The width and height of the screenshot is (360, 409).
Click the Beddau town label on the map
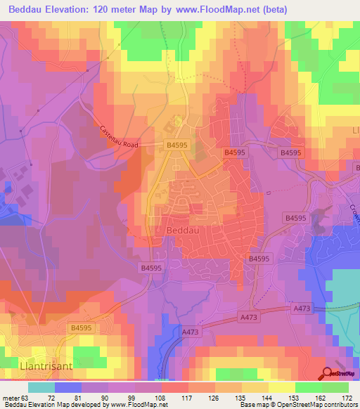(x=185, y=231)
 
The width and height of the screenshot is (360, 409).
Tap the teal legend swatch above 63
(x=41, y=387)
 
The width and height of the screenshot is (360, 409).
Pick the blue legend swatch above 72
(x=67, y=387)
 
